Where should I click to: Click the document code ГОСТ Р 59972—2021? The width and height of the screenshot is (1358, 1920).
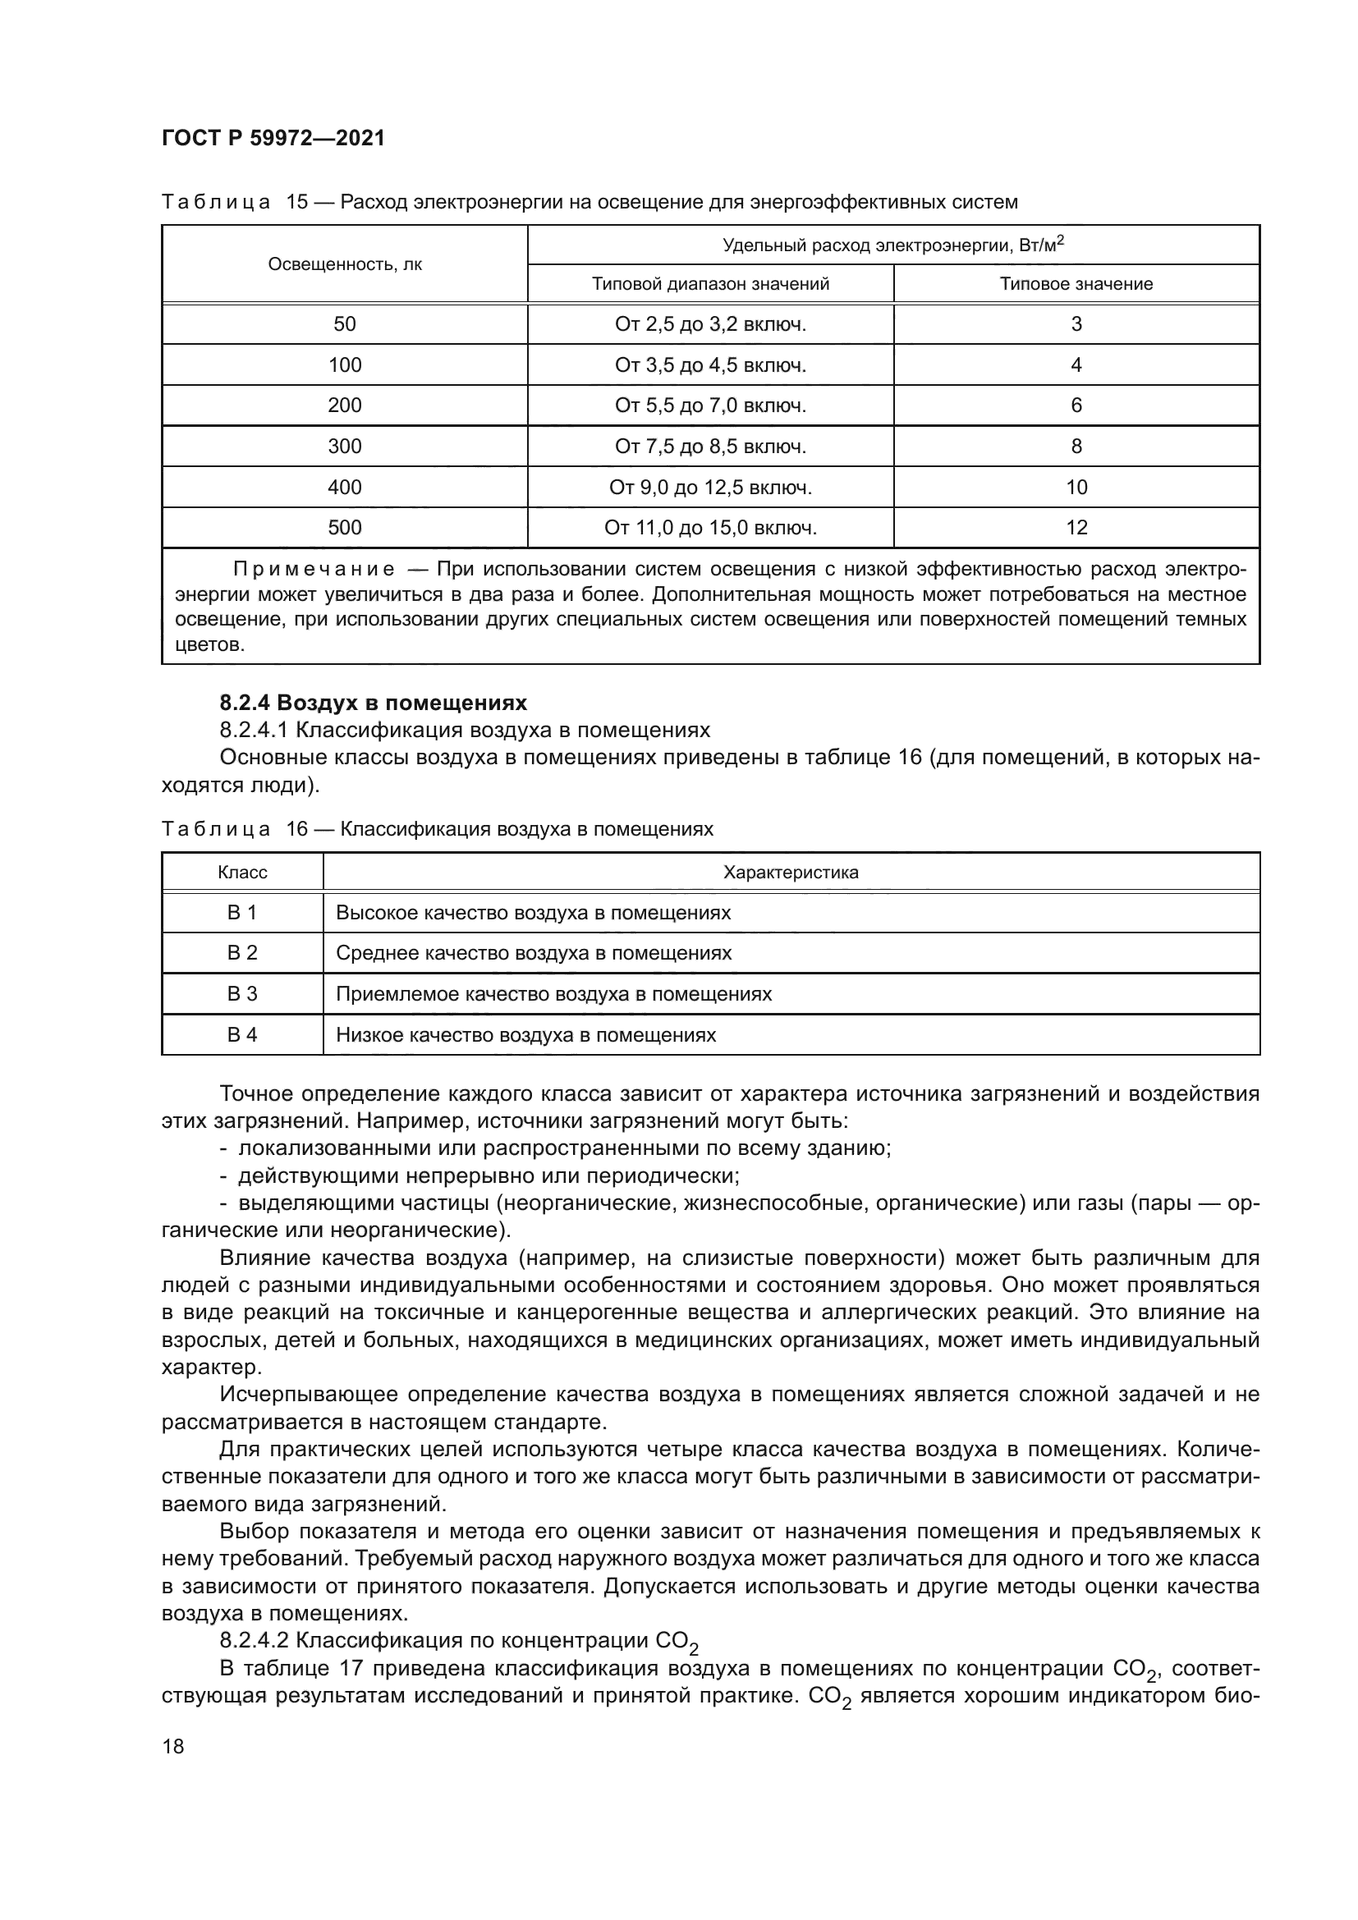click(273, 139)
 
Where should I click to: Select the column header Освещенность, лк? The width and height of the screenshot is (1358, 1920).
click(345, 264)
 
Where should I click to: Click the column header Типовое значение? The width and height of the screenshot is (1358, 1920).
click(1076, 284)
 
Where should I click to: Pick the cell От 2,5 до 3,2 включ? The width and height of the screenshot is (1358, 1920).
click(710, 324)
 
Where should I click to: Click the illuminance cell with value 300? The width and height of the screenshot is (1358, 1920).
click(345, 447)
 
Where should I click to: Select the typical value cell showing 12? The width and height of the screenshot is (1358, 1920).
click(1076, 528)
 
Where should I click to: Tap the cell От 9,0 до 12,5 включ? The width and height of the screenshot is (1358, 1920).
click(710, 488)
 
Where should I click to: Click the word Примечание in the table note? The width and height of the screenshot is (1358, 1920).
click(314, 571)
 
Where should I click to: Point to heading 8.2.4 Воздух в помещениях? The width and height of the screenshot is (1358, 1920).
click(373, 703)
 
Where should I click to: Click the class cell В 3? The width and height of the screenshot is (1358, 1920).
click(242, 994)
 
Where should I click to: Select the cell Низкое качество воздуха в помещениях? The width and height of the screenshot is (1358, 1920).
click(526, 1035)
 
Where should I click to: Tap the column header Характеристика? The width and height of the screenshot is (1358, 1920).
click(790, 873)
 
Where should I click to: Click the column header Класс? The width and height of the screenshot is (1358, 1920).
click(242, 873)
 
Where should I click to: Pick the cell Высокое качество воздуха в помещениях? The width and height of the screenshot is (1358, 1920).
click(533, 913)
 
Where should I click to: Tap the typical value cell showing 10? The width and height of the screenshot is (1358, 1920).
click(1076, 488)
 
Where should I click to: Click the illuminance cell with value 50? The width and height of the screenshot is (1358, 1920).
click(345, 324)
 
